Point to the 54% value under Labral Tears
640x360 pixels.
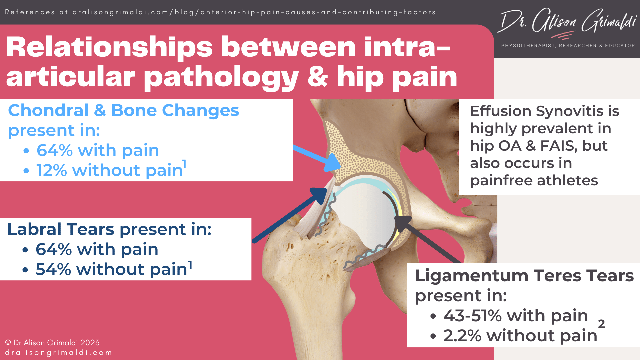[x=53, y=269]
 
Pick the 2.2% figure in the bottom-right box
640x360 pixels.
[x=462, y=336]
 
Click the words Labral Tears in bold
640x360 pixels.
[x=61, y=229]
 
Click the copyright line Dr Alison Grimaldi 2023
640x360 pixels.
[x=52, y=343]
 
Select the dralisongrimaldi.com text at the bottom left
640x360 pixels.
[x=58, y=353]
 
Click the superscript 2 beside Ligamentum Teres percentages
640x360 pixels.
[x=601, y=324]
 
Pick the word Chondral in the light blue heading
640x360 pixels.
[x=48, y=110]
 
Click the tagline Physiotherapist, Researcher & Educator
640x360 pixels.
[x=568, y=46]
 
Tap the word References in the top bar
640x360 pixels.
[x=30, y=12]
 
